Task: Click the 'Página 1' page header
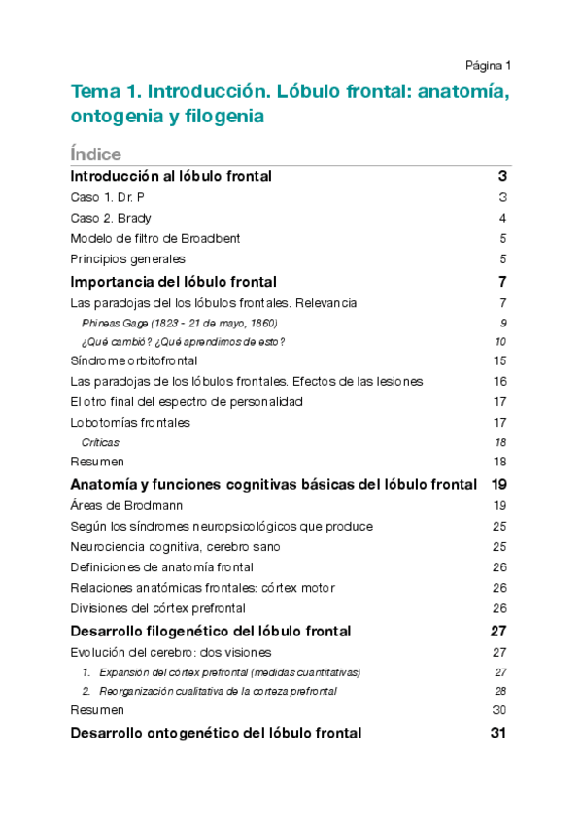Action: pyautogui.click(x=487, y=66)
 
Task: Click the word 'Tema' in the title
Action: pyautogui.click(x=92, y=93)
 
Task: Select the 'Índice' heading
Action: pyautogui.click(x=95, y=154)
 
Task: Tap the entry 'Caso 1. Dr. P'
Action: pyautogui.click(x=108, y=197)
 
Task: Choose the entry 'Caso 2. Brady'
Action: pyautogui.click(x=111, y=218)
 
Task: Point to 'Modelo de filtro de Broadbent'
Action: pyautogui.click(x=155, y=238)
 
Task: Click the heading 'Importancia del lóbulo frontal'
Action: pyautogui.click(x=174, y=282)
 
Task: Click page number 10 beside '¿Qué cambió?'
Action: pyautogui.click(x=500, y=342)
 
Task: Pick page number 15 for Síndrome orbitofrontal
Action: pyautogui.click(x=500, y=361)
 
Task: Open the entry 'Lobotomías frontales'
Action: pyautogui.click(x=130, y=422)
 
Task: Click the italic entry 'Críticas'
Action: pyautogui.click(x=100, y=442)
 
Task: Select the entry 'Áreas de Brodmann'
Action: pyautogui.click(x=127, y=505)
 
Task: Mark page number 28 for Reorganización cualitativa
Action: pyautogui.click(x=501, y=691)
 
